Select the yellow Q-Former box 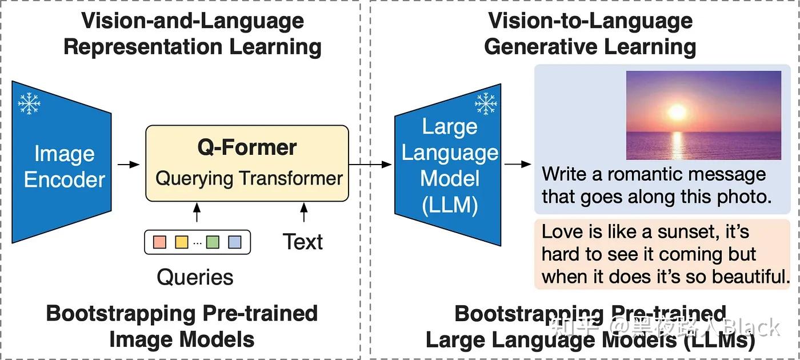tap(247, 163)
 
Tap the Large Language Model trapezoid tap(449, 166)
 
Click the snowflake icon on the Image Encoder tap(29, 103)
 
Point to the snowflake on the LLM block tap(486, 103)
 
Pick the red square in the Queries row tap(160, 242)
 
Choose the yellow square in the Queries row tap(181, 242)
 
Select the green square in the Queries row tap(213, 242)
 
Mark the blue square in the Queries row tap(234, 242)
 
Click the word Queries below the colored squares tap(195, 277)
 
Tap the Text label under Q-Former tap(302, 242)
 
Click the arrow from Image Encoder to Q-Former tap(129, 165)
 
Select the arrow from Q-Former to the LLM tap(370, 165)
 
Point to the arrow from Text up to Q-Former tap(303, 213)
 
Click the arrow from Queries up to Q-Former tap(197, 213)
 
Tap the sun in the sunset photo tap(677, 111)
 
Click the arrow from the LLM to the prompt tap(518, 165)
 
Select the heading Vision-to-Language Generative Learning tap(590, 34)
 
